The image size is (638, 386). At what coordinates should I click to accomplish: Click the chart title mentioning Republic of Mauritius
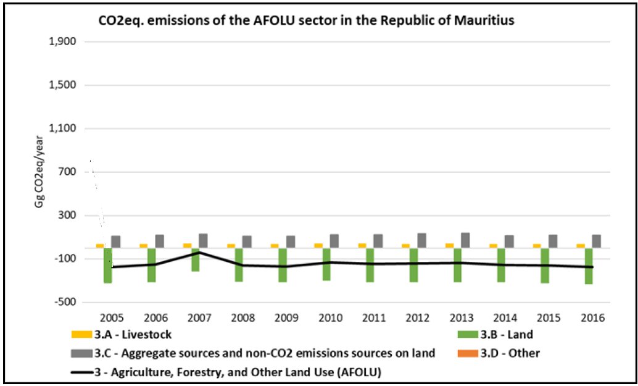point(307,20)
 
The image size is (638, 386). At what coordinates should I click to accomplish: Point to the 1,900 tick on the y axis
point(62,42)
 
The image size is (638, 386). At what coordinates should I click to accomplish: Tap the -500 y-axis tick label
point(64,302)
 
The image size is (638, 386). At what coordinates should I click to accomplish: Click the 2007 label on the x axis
point(199,319)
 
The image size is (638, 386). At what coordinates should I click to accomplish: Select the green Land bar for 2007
point(196,259)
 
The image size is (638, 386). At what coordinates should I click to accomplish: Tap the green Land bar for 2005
point(108,266)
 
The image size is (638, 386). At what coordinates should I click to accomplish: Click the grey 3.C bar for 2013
point(466,240)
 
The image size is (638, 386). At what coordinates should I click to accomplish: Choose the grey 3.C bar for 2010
point(334,241)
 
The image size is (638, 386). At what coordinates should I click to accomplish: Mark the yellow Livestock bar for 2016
point(581,246)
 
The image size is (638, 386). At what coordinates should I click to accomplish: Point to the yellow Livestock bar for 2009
point(275,246)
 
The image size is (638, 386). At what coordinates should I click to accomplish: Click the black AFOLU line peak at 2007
point(199,252)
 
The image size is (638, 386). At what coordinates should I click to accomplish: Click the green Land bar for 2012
point(414,265)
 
